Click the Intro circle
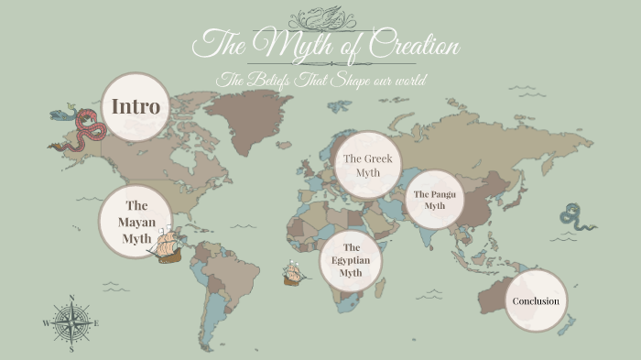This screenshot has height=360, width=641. [136, 107]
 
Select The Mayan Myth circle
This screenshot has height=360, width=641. [136, 223]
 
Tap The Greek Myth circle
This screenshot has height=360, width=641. [366, 165]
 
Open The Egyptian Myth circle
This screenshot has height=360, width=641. [351, 260]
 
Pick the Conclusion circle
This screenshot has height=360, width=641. [536, 300]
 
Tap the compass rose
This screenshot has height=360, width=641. [71, 322]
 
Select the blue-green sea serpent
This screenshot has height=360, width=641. [577, 218]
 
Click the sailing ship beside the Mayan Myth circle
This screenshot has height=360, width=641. [168, 245]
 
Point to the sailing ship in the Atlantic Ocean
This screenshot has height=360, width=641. [293, 272]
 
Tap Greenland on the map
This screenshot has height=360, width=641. [243, 119]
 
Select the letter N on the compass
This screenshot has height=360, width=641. [71, 298]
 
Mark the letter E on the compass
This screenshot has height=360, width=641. [96, 322]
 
